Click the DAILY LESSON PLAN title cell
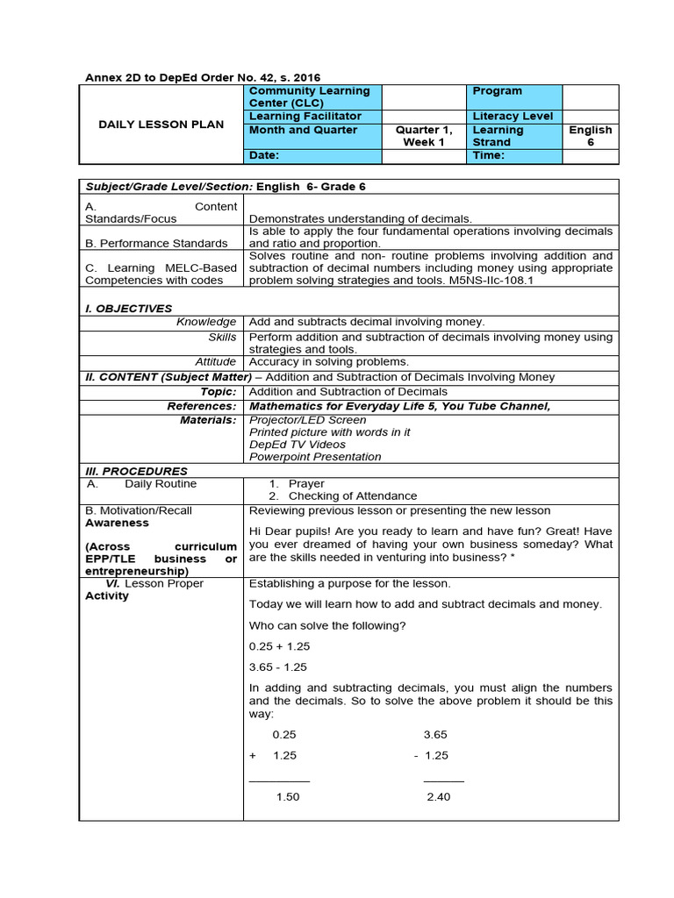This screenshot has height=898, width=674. click(x=161, y=125)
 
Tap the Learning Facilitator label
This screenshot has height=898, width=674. click(x=305, y=116)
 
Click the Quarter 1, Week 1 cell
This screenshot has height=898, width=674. click(x=423, y=135)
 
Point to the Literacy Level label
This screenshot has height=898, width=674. click(x=513, y=116)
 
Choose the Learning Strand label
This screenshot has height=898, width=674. click(x=498, y=135)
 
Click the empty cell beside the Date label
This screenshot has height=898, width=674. click(x=423, y=155)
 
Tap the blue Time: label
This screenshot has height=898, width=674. click(x=489, y=155)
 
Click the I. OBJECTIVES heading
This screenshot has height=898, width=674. click(x=128, y=308)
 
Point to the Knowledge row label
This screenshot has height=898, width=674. click(x=206, y=322)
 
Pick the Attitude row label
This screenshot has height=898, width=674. click(x=215, y=361)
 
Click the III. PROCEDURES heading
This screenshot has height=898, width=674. click(x=136, y=471)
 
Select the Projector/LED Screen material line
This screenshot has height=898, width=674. click(x=308, y=420)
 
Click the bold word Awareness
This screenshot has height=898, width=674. click(x=117, y=523)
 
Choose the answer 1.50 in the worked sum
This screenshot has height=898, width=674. click(x=288, y=796)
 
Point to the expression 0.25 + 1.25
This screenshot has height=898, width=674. click(x=279, y=645)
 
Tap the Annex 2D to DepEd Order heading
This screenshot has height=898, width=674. click(x=208, y=77)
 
